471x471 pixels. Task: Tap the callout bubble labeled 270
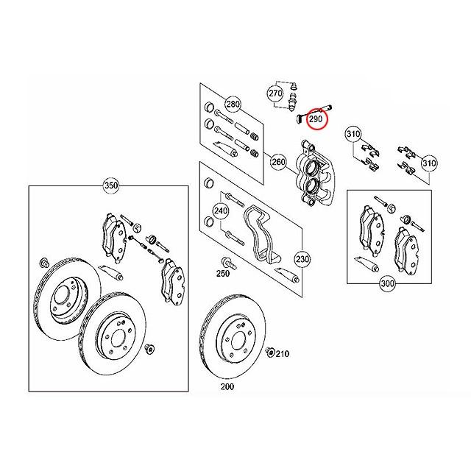[x=275, y=94]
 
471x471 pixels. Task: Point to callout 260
[x=278, y=161]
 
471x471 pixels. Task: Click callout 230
[x=302, y=259]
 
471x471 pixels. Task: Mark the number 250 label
[x=222, y=274]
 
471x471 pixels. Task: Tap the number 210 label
[x=283, y=354]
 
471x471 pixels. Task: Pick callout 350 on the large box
[x=111, y=187]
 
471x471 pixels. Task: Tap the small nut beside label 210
[x=270, y=353]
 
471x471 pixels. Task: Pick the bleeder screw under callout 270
[x=294, y=99]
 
